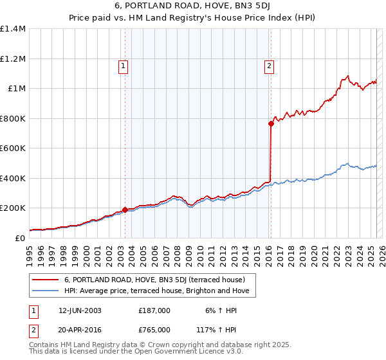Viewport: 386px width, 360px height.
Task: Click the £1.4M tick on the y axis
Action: [x=13, y=29]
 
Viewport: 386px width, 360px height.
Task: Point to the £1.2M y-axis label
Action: [x=13, y=59]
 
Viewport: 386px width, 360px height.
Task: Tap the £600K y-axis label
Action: [x=13, y=148]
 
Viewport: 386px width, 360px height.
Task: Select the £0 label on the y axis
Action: [x=21, y=238]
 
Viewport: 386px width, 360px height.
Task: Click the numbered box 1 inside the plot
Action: [x=122, y=65]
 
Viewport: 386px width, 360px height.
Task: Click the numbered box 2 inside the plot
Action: [x=269, y=65]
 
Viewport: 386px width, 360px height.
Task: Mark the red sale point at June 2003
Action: [x=125, y=210]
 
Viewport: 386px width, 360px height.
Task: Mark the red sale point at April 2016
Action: [x=271, y=123]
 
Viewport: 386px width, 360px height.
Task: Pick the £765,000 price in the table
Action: [x=154, y=329]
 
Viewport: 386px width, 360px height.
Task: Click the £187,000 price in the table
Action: [x=154, y=310]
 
